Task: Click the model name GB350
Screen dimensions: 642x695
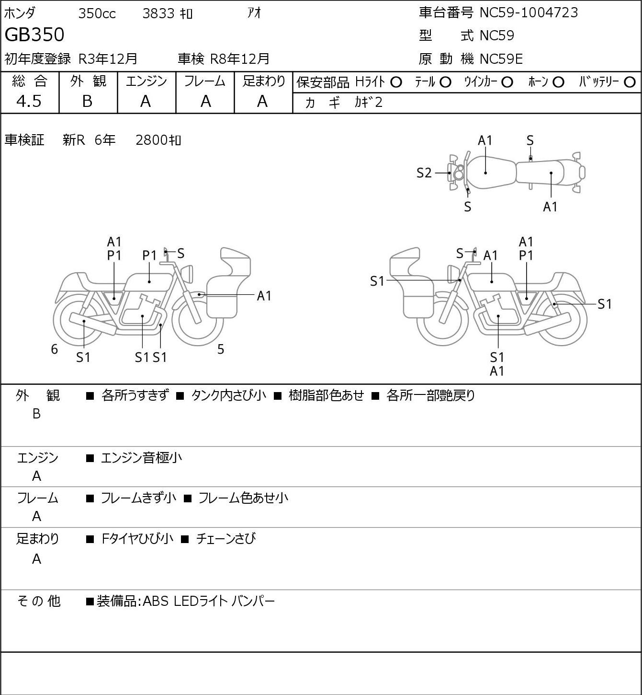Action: click(x=34, y=35)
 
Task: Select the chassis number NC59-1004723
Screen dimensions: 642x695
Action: click(x=529, y=12)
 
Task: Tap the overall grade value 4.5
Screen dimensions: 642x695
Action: click(x=29, y=101)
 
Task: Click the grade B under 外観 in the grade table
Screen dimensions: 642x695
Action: click(x=87, y=101)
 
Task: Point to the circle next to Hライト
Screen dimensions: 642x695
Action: click(x=396, y=82)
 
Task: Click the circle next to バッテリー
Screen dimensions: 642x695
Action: click(x=630, y=82)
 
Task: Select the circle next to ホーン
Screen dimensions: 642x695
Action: click(x=558, y=82)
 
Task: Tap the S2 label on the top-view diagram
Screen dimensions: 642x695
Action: click(x=424, y=173)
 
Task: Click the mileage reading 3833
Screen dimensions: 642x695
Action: click(x=158, y=13)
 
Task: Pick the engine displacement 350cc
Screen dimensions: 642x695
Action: click(x=97, y=13)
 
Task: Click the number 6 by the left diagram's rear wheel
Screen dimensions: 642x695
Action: click(x=54, y=349)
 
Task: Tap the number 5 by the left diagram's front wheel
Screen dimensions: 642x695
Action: click(x=221, y=349)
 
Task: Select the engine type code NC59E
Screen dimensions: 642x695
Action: click(x=501, y=59)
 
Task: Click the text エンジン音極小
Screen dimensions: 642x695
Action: click(x=141, y=458)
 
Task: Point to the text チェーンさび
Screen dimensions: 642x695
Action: click(x=226, y=538)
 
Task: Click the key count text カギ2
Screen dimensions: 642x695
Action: click(x=369, y=103)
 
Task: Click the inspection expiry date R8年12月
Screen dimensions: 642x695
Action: click(x=239, y=59)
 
